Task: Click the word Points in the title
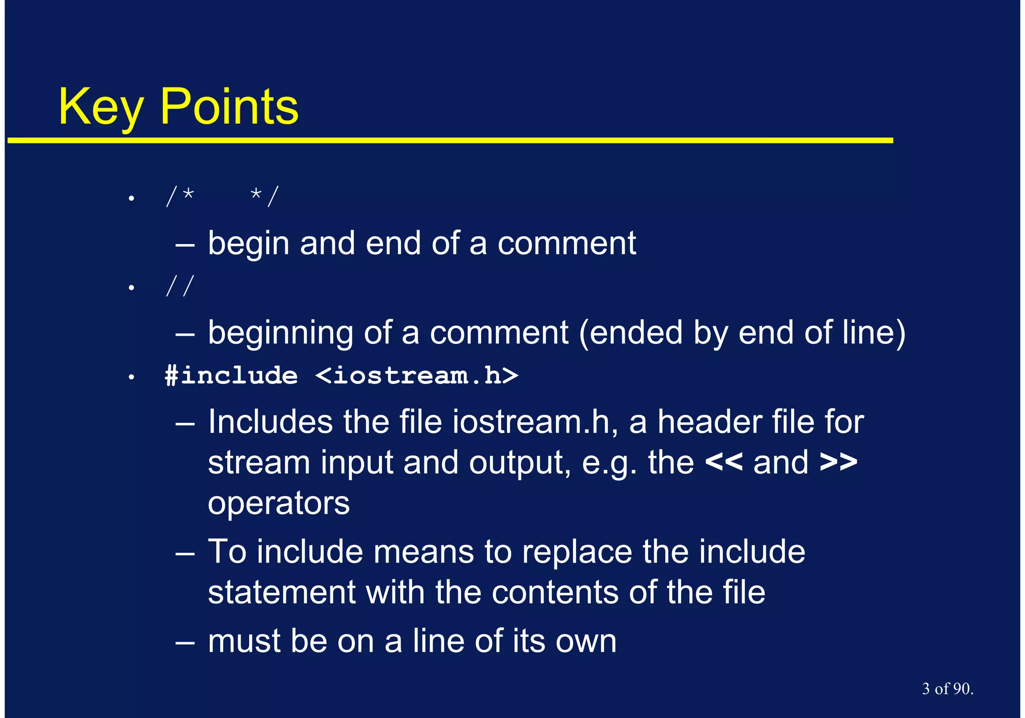coord(229,107)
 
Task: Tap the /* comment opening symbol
coord(180,196)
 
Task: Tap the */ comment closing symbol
coord(264,196)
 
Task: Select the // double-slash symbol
coord(180,286)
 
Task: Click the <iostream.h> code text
coord(416,376)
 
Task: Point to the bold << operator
coord(723,462)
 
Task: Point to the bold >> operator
coord(838,462)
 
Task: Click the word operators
coord(278,504)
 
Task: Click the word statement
coord(281,592)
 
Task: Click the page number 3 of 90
coord(947,689)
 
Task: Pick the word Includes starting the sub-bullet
coord(270,421)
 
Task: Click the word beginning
coord(280,333)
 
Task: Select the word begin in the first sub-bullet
coord(249,244)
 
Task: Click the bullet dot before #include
coord(131,377)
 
